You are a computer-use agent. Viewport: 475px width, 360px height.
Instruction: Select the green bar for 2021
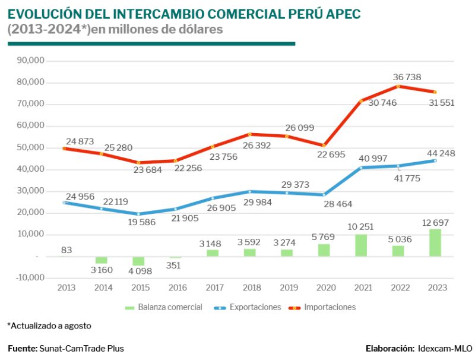(361, 245)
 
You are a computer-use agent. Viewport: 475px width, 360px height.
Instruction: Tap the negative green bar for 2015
(138, 261)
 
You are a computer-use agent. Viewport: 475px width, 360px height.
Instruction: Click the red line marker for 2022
(398, 86)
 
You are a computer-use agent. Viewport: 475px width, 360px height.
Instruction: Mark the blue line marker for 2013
(65, 203)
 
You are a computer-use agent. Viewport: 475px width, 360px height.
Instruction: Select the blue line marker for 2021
(361, 168)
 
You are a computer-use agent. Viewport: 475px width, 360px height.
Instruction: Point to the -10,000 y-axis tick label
(30, 277)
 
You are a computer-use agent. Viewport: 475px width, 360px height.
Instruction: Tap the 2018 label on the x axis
(251, 288)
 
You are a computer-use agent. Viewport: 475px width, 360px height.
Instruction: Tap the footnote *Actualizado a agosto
(49, 326)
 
